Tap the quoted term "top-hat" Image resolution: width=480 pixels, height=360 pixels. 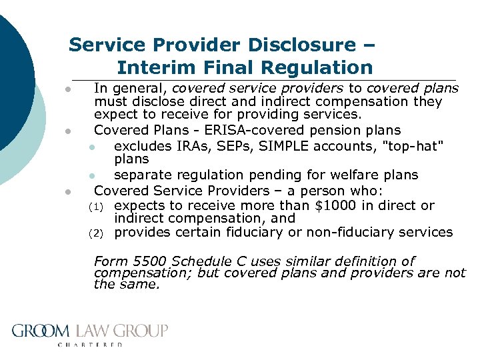coord(402,145)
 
